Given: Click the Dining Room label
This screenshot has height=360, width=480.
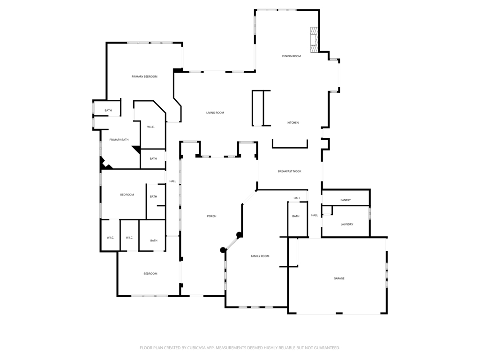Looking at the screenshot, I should click(291, 56).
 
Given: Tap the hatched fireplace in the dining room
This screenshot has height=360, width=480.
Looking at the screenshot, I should click(314, 39).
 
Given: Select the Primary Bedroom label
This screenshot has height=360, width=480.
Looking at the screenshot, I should click(144, 76).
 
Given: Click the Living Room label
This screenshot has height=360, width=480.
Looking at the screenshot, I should click(215, 112).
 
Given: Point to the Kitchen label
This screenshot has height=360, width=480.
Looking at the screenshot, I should click(293, 123).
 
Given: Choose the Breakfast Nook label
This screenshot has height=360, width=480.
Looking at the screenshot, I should click(289, 172).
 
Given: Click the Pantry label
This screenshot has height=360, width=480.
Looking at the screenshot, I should click(345, 200).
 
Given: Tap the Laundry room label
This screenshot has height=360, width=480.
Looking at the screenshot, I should click(347, 225).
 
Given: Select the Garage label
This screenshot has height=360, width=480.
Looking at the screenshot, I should click(339, 278).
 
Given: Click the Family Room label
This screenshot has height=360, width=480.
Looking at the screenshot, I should click(260, 256).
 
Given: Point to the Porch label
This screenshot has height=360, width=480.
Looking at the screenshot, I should click(212, 216).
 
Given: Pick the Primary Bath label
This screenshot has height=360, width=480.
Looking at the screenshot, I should click(119, 140).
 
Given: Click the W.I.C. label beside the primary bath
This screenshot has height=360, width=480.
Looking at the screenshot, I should click(151, 127).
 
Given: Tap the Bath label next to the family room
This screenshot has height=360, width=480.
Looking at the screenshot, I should click(296, 216).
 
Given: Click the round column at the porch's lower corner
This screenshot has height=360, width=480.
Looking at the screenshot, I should click(223, 250).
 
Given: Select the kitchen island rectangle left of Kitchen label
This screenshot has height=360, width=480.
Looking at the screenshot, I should click(258, 108).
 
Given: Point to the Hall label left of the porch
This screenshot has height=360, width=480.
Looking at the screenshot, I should click(172, 181).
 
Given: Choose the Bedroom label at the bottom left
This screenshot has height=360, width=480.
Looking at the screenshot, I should click(150, 274).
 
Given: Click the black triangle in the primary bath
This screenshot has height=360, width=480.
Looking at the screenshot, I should click(136, 150).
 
